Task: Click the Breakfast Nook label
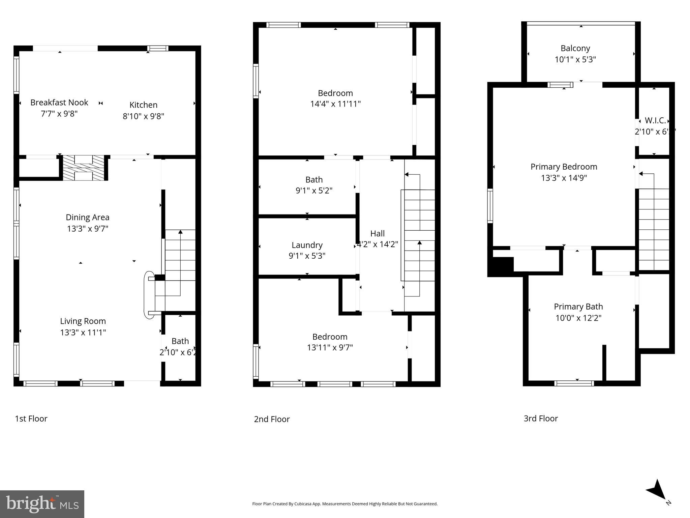59,103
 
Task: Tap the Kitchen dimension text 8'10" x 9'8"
143,116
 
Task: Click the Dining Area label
87,218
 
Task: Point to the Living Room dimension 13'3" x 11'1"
83,333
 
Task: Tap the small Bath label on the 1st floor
180,341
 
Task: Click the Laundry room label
307,245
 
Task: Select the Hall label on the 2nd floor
377,233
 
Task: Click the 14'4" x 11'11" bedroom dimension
335,104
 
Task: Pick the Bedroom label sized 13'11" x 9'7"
330,337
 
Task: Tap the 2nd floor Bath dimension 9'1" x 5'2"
314,191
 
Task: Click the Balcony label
575,48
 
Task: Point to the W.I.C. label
655,120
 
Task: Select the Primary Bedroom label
564,167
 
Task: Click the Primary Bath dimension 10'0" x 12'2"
578,318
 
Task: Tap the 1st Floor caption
31,419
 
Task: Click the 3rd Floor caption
541,419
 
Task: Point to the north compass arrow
657,491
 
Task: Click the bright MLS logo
42,504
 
